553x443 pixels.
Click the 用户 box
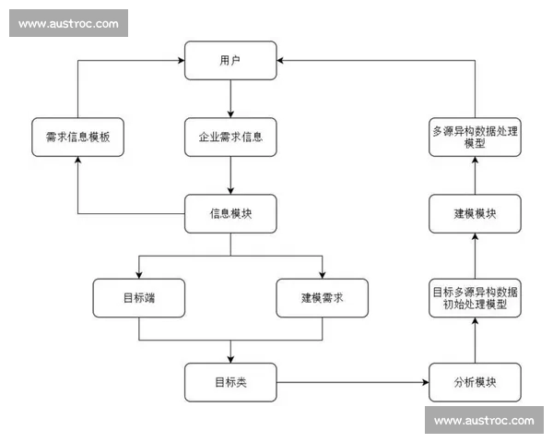coord(230,60)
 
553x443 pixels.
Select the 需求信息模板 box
coord(77,137)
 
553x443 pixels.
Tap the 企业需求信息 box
coord(230,137)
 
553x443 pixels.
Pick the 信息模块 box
coord(230,213)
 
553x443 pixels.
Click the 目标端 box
coord(138,298)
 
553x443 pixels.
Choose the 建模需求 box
coord(323,298)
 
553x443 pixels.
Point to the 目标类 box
coord(230,382)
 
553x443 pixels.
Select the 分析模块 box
coord(476,382)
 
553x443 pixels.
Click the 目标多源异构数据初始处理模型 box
coord(476,297)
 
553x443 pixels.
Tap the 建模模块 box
coord(476,213)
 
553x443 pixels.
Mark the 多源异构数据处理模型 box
coord(476,137)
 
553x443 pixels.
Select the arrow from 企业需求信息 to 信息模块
coord(230,174)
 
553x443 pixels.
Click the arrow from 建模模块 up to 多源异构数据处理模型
coord(476,174)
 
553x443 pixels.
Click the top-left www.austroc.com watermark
coord(68,24)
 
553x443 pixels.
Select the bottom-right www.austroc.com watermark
coord(484,420)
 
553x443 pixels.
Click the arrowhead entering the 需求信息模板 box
coord(77,162)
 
